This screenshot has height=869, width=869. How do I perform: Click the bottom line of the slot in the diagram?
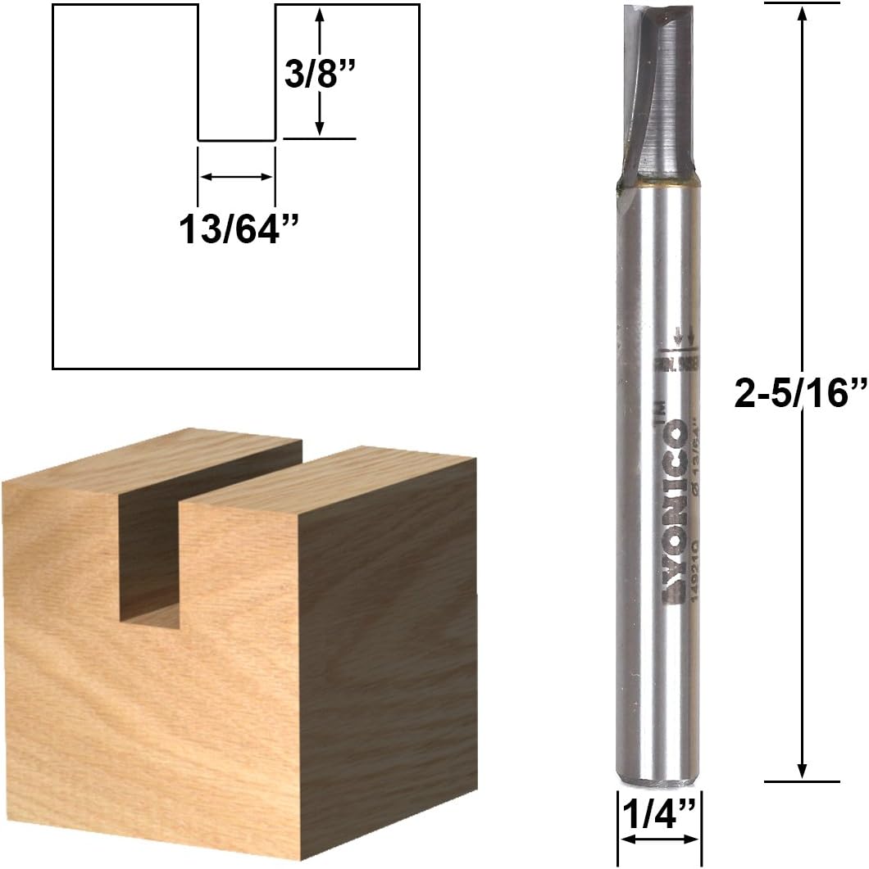point(237,141)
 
